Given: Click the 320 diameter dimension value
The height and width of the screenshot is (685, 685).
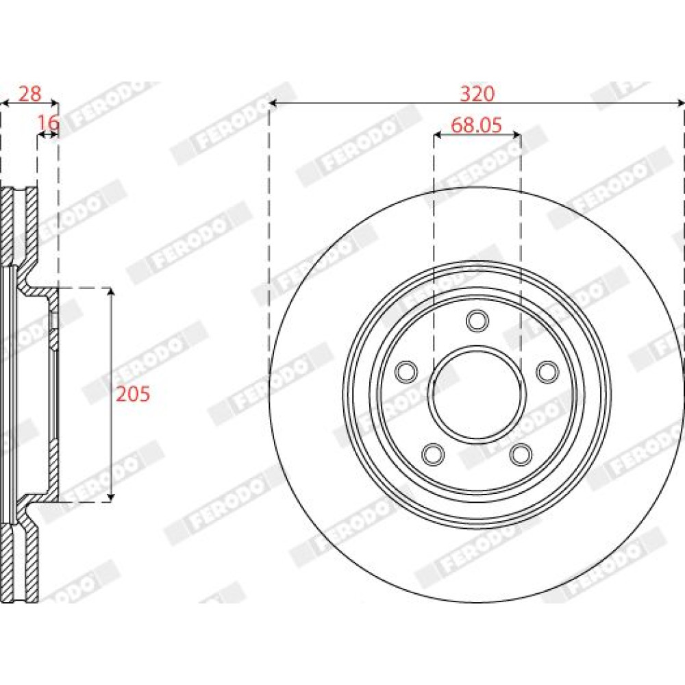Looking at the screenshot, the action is (477, 94).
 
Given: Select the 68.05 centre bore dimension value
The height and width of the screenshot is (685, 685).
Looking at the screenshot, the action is (477, 125).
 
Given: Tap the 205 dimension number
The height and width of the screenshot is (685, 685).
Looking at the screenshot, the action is (133, 394).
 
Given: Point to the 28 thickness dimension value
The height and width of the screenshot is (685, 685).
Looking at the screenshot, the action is (30, 94).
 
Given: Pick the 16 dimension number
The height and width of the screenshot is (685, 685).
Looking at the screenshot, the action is (48, 123).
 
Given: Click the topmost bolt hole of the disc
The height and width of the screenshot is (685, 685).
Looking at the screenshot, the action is (477, 321).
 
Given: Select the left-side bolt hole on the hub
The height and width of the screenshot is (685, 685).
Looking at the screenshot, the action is (406, 372).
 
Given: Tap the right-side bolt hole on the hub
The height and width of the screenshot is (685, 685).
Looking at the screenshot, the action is (548, 372).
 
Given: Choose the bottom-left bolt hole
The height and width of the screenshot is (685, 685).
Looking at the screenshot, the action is (433, 454).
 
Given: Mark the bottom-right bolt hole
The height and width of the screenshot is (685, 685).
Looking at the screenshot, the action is (521, 454).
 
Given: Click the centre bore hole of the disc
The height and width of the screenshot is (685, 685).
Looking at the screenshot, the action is (477, 393).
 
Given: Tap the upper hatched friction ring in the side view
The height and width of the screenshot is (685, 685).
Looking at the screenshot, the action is (19, 227).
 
